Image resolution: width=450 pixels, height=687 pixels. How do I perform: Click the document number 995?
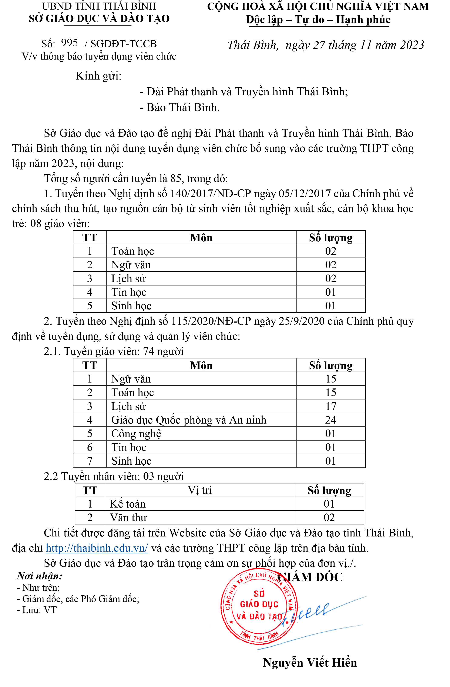(70, 43)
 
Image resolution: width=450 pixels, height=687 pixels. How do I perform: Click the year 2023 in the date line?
(412, 45)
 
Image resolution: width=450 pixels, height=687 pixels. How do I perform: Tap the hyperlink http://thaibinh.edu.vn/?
(97, 548)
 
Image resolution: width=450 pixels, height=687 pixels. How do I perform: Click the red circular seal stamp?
(259, 606)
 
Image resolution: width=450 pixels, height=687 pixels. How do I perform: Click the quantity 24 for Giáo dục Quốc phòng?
(330, 420)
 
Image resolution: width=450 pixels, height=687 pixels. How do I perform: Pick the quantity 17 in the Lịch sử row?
(330, 406)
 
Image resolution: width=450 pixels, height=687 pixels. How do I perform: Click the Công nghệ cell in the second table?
(136, 434)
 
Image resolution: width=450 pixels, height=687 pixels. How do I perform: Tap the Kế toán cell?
(128, 504)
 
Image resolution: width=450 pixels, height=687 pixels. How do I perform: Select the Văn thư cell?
(128, 517)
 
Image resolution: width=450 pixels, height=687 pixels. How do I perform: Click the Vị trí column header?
(200, 490)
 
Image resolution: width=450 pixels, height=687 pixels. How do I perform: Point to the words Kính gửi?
(98, 76)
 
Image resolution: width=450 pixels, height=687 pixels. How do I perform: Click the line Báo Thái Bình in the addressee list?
(179, 107)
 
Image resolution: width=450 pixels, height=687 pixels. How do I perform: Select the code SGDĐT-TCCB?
(123, 44)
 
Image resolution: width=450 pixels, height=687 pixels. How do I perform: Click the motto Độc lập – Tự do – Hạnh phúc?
(318, 20)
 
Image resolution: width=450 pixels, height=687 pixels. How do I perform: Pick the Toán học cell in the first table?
(132, 251)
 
